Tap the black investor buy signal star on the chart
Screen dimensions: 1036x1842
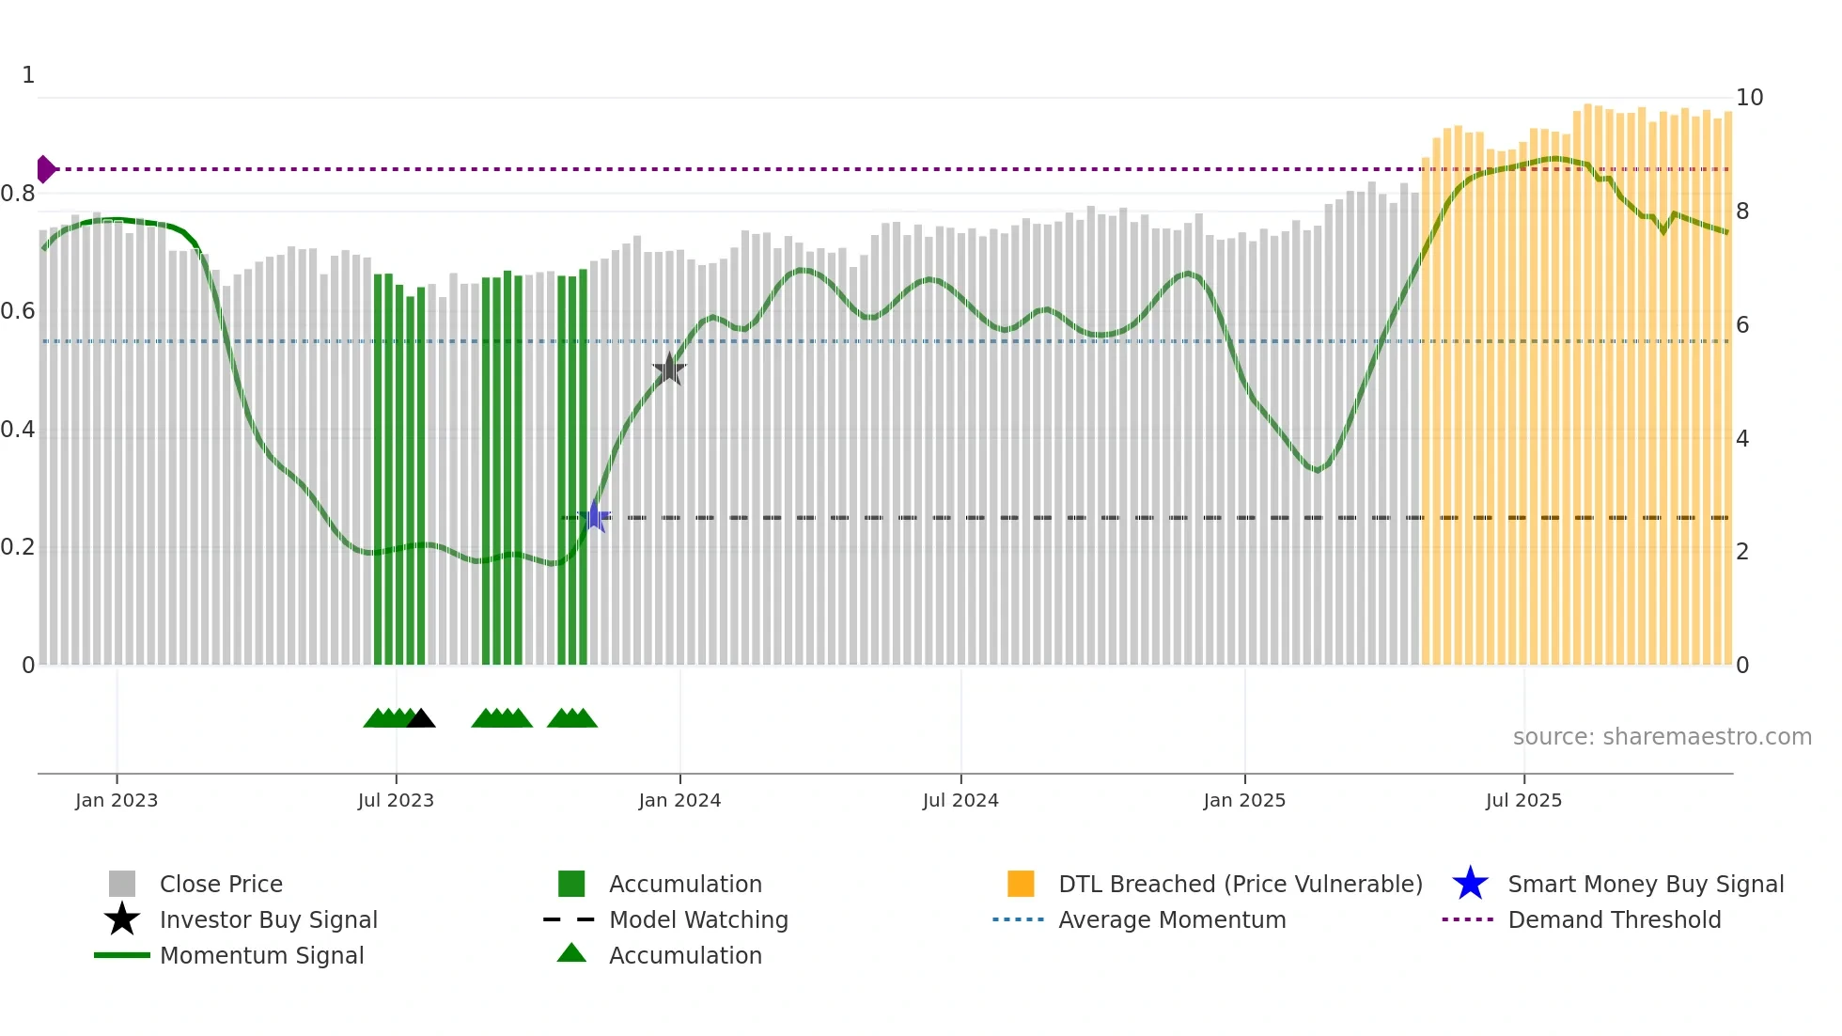pyautogui.click(x=669, y=369)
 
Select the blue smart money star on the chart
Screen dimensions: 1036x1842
pyautogui.click(x=594, y=517)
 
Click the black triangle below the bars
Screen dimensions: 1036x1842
pyautogui.click(x=420, y=719)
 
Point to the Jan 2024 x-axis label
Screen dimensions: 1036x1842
pyautogui.click(x=679, y=801)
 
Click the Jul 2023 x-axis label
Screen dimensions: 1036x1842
pyautogui.click(x=396, y=801)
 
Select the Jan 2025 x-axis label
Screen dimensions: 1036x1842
pyautogui.click(x=1244, y=801)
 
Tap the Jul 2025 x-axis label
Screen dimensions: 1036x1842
pyautogui.click(x=1523, y=801)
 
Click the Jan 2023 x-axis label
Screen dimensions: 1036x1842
pyautogui.click(x=117, y=801)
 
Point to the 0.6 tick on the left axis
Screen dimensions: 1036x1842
pyautogui.click(x=18, y=311)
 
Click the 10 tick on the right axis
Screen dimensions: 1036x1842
pyautogui.click(x=1749, y=98)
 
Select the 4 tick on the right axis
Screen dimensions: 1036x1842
pyautogui.click(x=1742, y=439)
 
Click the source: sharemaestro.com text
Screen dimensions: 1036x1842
pyautogui.click(x=1662, y=737)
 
